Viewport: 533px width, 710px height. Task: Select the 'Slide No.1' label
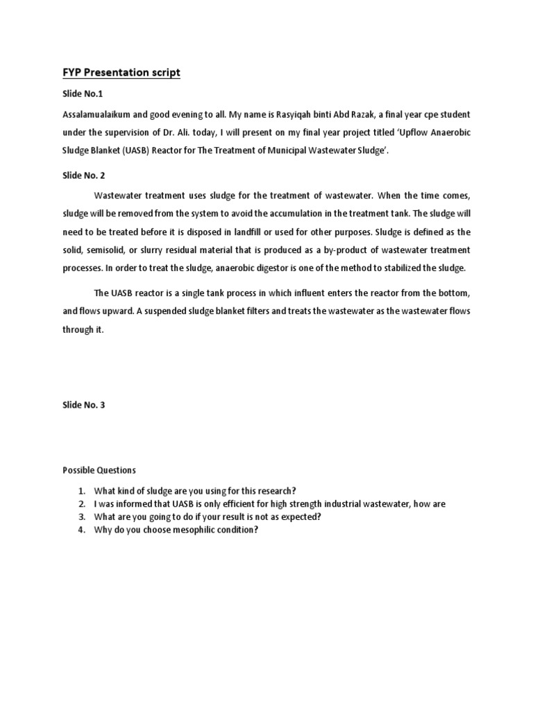(83, 94)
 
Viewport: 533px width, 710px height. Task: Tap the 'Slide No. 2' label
(84, 176)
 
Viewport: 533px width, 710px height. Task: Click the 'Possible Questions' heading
(99, 470)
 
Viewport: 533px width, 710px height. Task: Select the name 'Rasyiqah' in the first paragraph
(285, 114)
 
